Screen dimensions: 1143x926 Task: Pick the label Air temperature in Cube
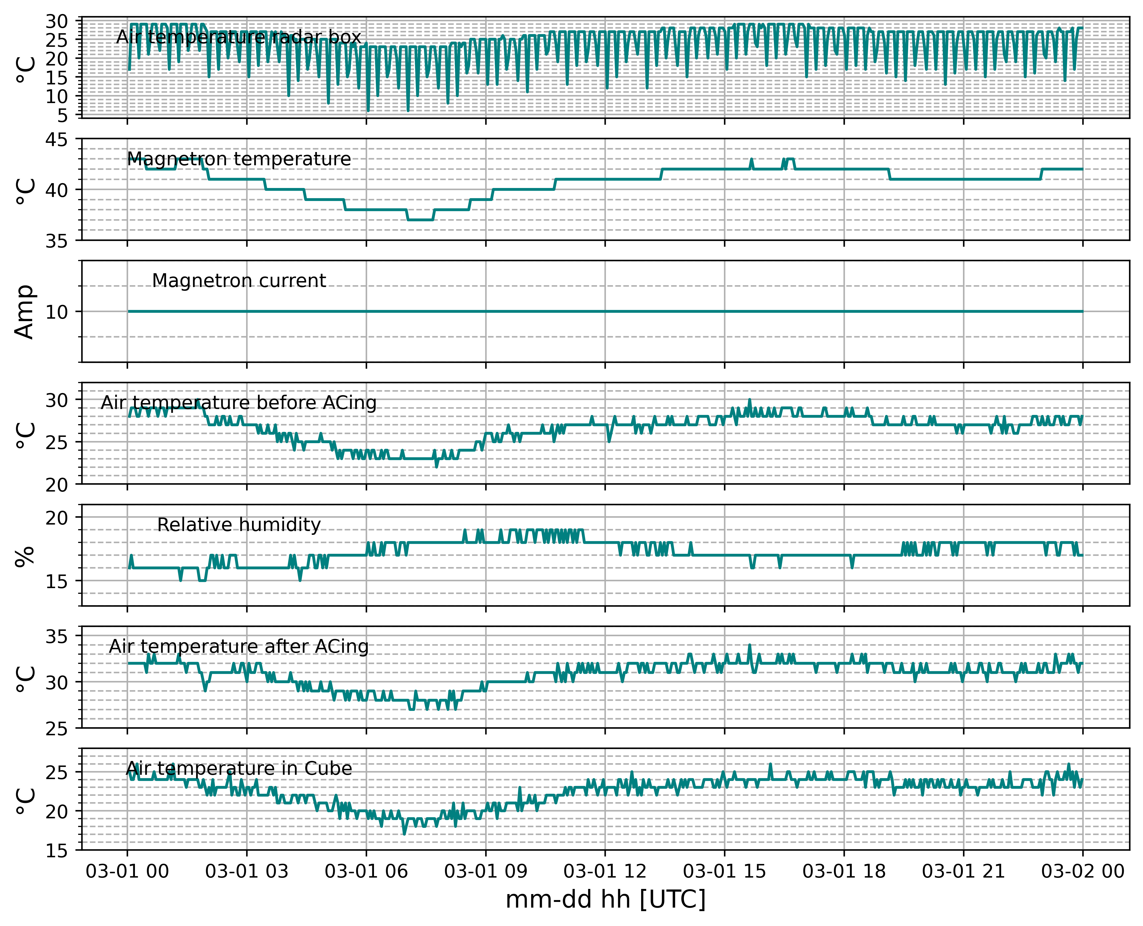239,769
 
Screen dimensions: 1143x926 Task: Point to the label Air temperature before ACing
239,403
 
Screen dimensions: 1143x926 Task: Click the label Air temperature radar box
239,37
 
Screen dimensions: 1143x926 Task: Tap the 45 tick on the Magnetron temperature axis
57,140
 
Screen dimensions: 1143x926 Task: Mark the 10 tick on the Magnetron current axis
57,312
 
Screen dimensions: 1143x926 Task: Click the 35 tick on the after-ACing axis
57,637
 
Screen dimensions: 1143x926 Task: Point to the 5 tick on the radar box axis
64,115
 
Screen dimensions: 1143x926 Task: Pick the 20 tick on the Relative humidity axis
57,518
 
